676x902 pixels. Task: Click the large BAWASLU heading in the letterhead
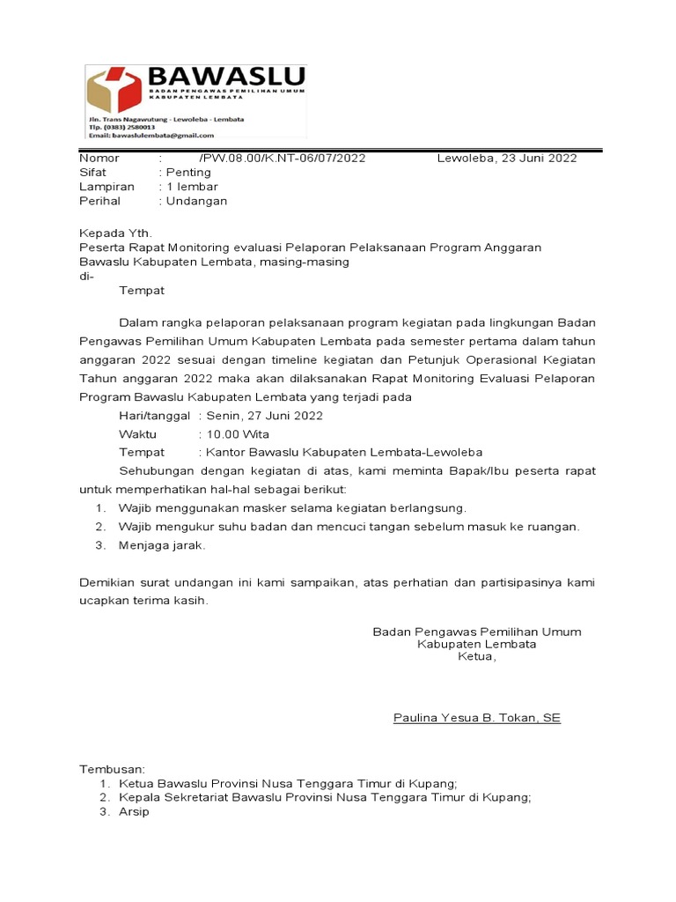pyautogui.click(x=226, y=76)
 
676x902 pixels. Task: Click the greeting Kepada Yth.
pyautogui.click(x=115, y=233)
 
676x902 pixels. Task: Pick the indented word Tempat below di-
pyautogui.click(x=142, y=290)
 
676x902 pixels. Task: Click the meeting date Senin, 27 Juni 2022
pyautogui.click(x=264, y=416)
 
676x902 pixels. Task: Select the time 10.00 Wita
pyautogui.click(x=238, y=434)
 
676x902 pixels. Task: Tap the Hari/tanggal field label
pyautogui.click(x=154, y=416)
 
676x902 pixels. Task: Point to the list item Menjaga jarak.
pyautogui.click(x=162, y=545)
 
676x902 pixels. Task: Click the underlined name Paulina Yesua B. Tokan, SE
pyautogui.click(x=476, y=718)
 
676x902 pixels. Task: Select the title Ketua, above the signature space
pyautogui.click(x=476, y=656)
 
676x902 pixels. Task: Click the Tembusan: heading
pyautogui.click(x=113, y=769)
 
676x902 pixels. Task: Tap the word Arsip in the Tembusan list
pyautogui.click(x=134, y=812)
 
